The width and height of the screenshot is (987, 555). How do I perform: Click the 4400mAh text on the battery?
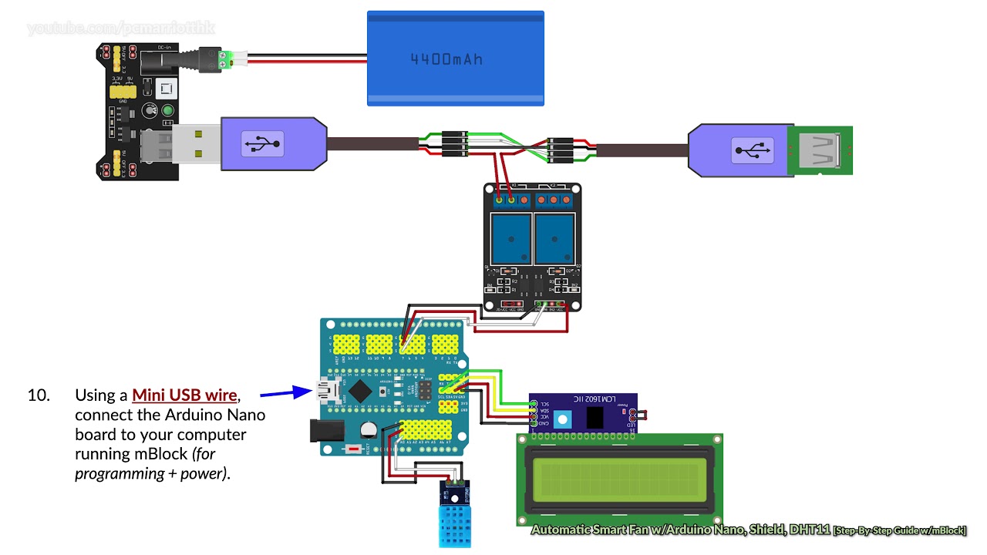click(446, 59)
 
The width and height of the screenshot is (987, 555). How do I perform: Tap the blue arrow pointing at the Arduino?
click(285, 393)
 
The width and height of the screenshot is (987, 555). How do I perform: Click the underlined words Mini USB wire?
click(184, 395)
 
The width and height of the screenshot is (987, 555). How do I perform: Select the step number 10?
click(39, 395)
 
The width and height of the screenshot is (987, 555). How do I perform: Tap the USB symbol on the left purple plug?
click(263, 144)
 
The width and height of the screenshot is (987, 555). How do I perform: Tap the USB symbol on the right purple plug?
click(753, 150)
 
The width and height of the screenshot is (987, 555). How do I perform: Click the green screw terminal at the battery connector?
click(226, 60)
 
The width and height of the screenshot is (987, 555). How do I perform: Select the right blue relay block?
click(553, 237)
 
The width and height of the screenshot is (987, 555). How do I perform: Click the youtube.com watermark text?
click(120, 29)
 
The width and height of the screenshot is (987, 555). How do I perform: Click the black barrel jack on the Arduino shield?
click(325, 429)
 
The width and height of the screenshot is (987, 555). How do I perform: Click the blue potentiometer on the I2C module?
click(563, 419)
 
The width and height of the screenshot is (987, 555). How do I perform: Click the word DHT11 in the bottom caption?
click(811, 530)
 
